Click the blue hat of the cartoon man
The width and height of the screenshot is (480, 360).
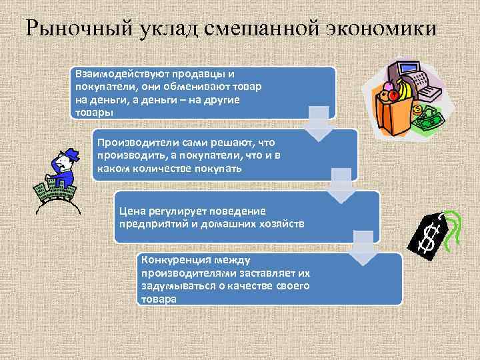[x=67, y=155]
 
